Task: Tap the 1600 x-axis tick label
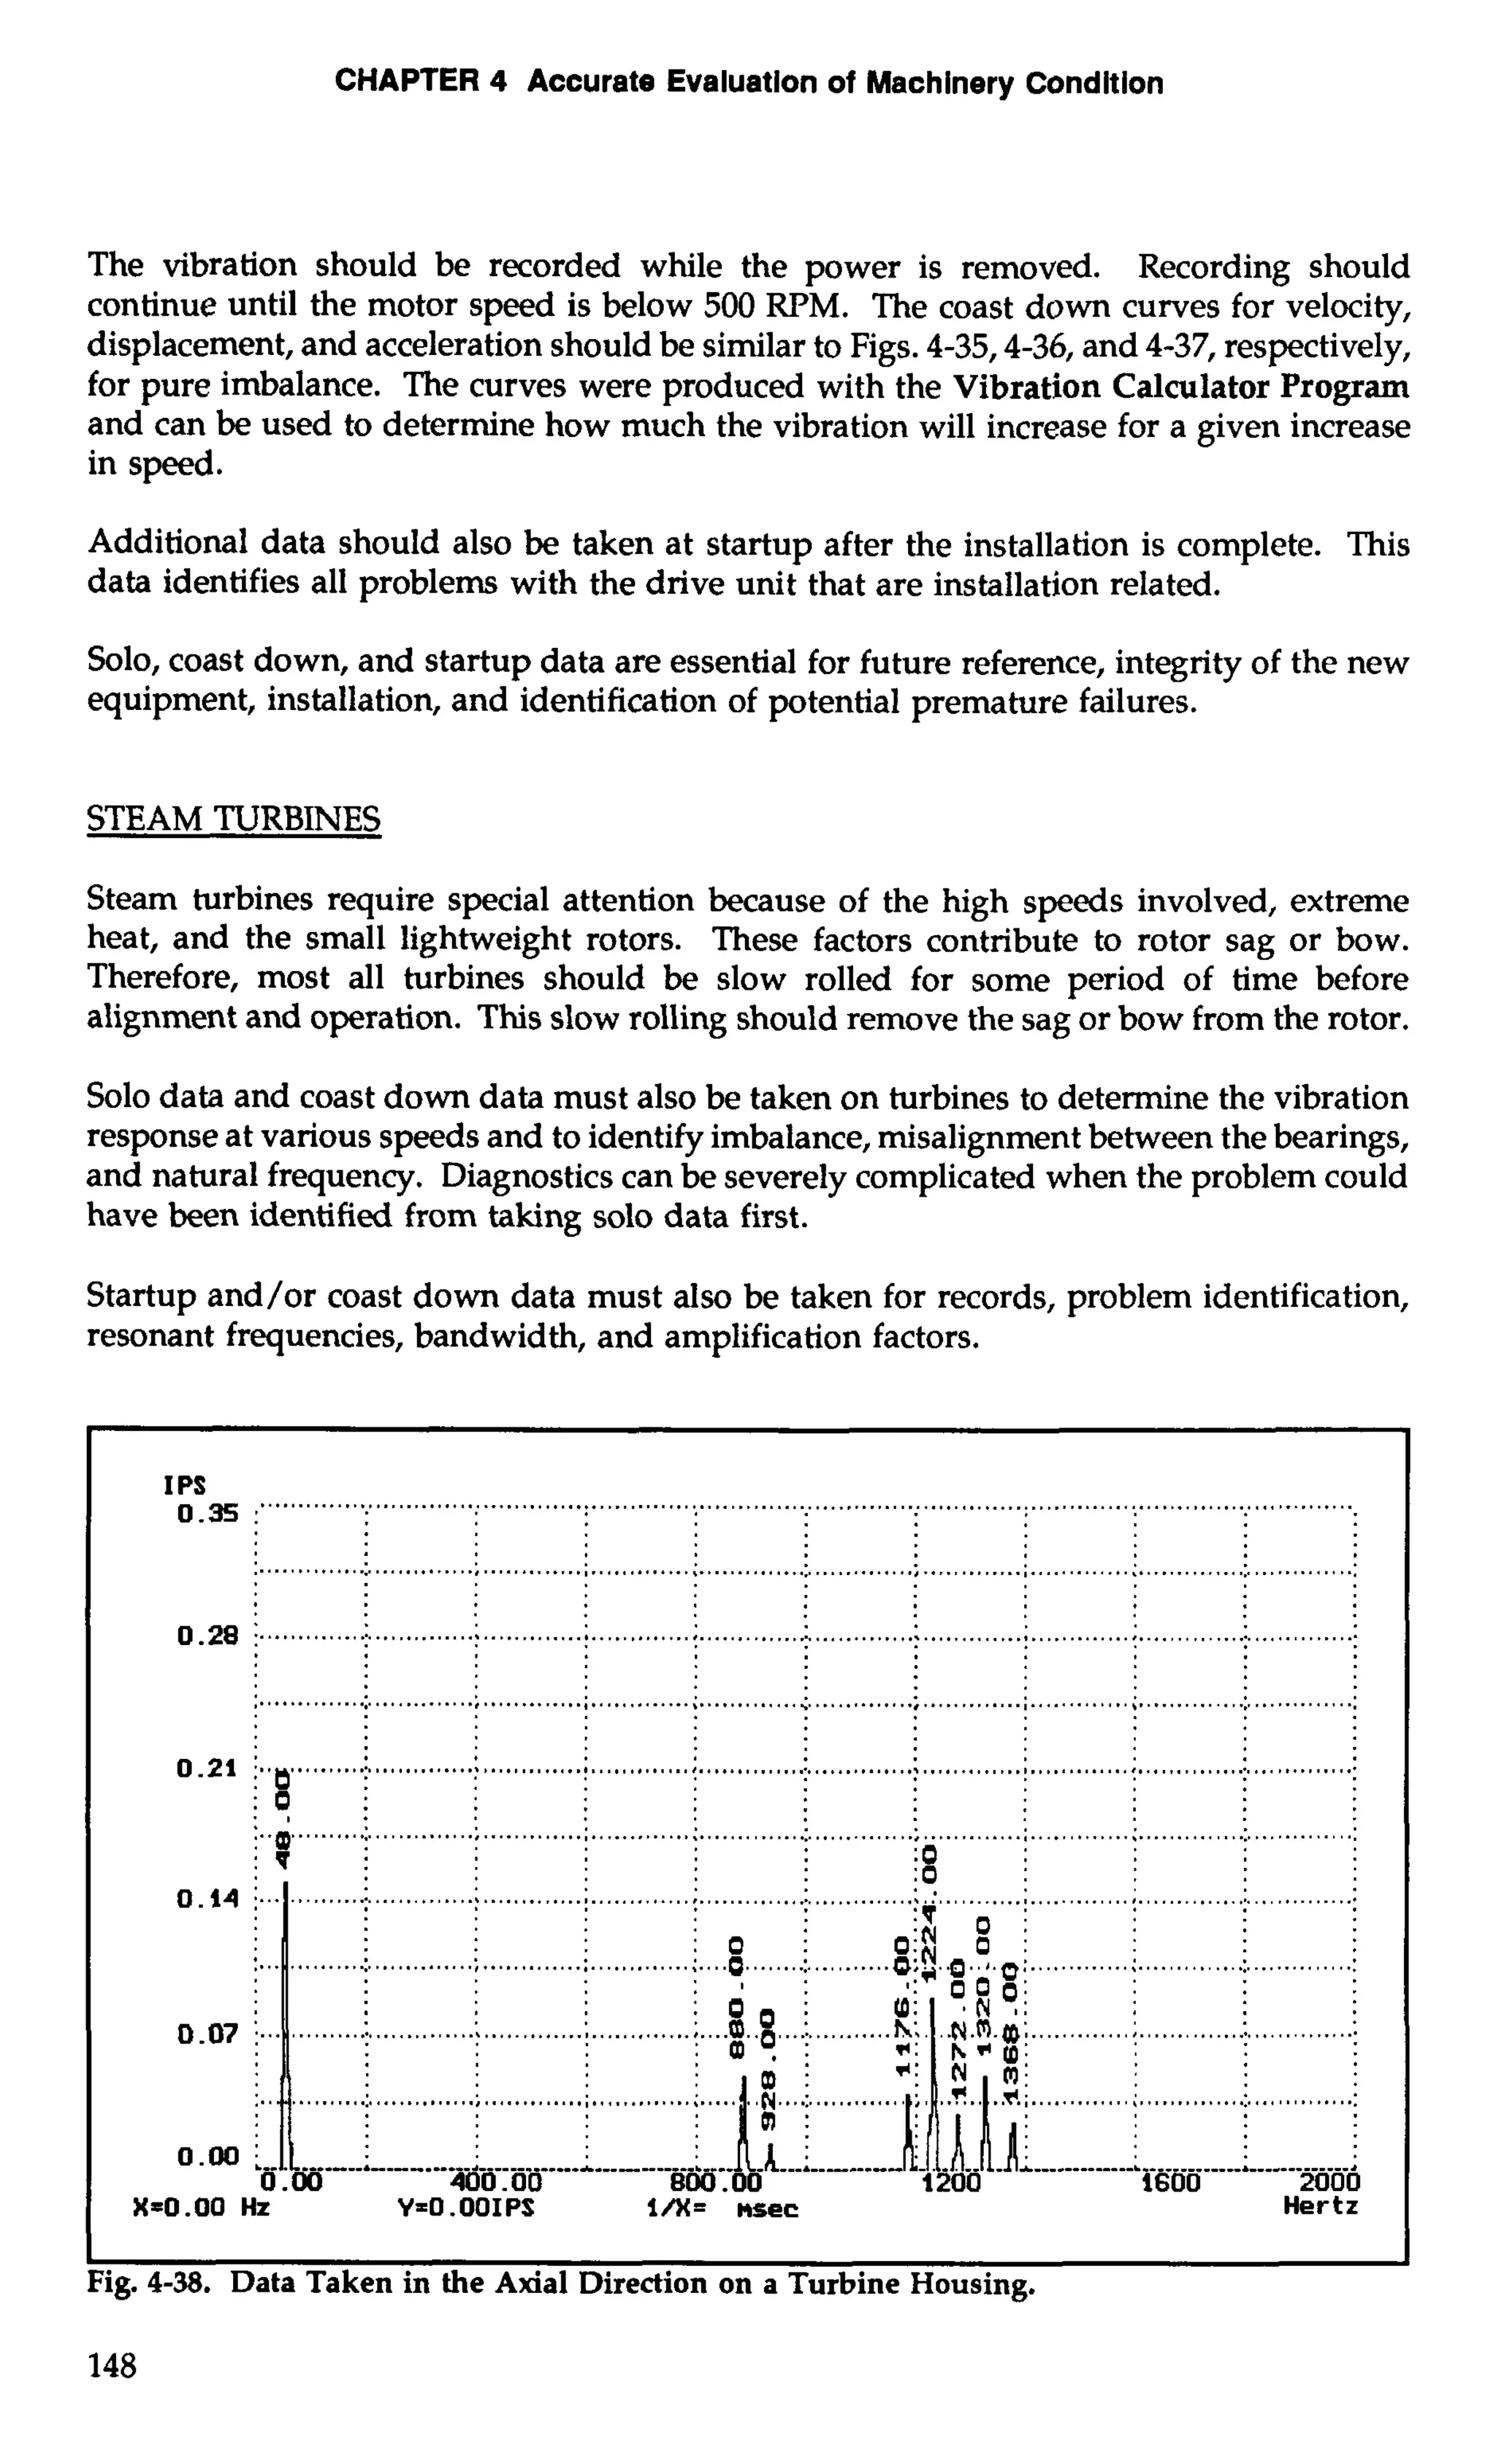[1170, 2183]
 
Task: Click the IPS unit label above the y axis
[185, 1486]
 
